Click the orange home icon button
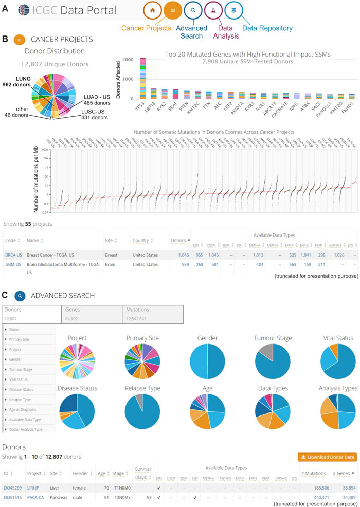(153, 10)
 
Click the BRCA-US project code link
(13, 255)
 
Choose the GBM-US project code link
(13, 263)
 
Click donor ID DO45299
(13, 487)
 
